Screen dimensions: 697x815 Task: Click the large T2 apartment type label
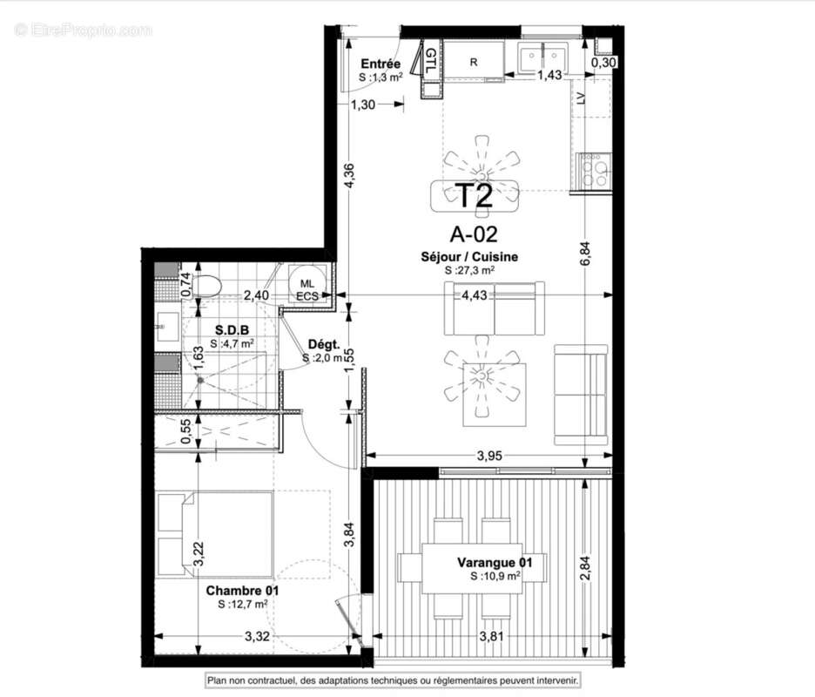click(x=475, y=195)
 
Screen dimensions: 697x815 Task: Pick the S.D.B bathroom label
click(x=232, y=329)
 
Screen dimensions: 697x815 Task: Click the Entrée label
click(x=381, y=64)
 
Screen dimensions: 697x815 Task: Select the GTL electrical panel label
click(x=430, y=62)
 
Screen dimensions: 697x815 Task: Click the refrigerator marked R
click(x=474, y=62)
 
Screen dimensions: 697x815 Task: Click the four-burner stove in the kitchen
click(x=594, y=170)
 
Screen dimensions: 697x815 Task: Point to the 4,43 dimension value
click(x=498, y=294)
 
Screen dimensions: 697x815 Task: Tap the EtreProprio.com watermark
click(x=84, y=30)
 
